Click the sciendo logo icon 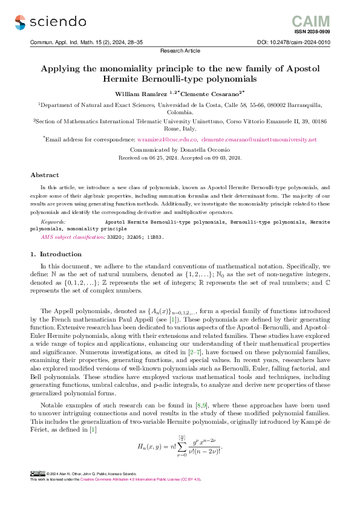21,22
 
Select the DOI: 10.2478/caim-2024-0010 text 295,42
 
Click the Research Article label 179,51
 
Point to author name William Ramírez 140,94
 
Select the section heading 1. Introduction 56,254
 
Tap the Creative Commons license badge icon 37,490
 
